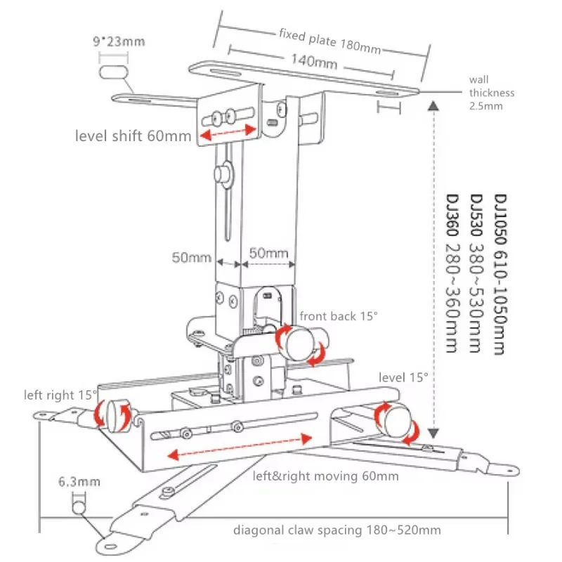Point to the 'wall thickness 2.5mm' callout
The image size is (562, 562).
pos(492,93)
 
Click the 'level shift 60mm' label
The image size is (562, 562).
pos(133,135)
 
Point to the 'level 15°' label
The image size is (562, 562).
pos(403,377)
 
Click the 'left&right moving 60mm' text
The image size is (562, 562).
pos(325,476)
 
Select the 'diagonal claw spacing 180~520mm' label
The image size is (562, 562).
pos(337,530)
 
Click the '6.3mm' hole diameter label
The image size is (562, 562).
pos(79,482)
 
